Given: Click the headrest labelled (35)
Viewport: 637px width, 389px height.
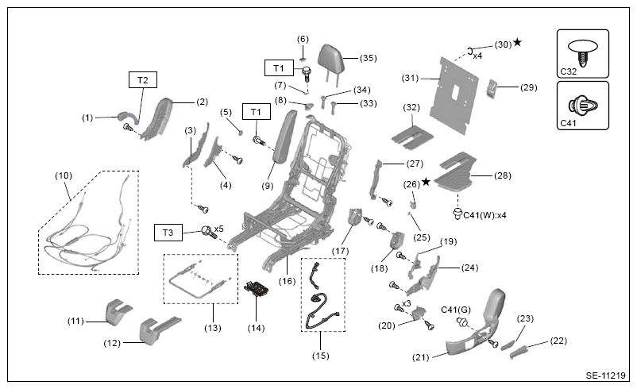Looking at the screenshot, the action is click(x=330, y=61).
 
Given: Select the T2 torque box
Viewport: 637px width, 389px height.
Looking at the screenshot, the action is click(x=143, y=80).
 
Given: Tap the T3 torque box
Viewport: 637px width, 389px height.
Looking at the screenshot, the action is click(x=168, y=233).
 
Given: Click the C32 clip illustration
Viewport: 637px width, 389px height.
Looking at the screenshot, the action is click(x=582, y=52).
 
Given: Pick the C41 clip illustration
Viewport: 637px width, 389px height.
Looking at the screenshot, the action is click(x=583, y=106).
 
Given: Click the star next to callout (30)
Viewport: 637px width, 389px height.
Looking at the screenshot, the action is click(x=517, y=42).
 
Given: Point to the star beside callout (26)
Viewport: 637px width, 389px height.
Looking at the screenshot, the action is click(x=426, y=182).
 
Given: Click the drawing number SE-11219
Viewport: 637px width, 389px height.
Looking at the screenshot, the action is click(x=605, y=376).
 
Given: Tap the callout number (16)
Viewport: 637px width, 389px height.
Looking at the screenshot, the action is click(x=287, y=281).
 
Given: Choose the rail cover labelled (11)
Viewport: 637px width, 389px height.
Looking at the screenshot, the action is click(x=118, y=311).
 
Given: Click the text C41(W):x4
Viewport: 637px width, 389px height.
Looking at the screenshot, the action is click(x=485, y=215).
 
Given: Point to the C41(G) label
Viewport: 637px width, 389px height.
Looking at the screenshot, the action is click(x=456, y=310).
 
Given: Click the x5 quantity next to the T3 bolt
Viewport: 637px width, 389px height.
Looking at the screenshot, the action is click(x=219, y=229).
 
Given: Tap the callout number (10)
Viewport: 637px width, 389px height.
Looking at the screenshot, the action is click(x=64, y=175).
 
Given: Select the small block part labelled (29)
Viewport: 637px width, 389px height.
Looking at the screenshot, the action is click(x=492, y=88).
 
